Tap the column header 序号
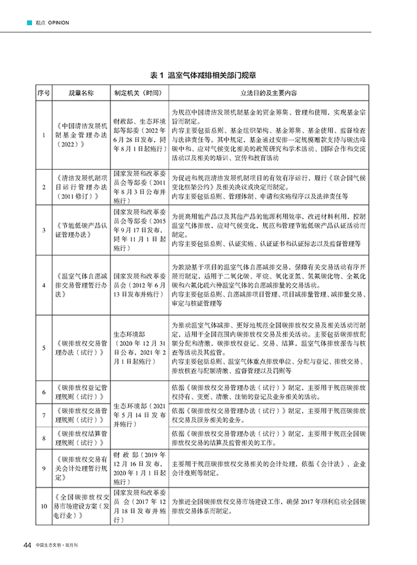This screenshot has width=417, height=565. pos(43,93)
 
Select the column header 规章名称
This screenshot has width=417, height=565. pos(81,93)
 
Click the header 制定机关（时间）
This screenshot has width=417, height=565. pos(140,93)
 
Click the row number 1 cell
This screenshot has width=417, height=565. pos(43,135)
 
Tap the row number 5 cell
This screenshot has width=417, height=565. pos(43,347)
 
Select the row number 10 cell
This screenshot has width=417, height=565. pos(43,507)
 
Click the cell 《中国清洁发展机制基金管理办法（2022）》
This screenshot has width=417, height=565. pos(81,135)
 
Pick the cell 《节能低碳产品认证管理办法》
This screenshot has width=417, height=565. pos(81,229)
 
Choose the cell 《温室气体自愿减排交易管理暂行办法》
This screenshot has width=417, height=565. pos(81,285)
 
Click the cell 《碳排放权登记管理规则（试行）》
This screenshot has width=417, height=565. pos(81,392)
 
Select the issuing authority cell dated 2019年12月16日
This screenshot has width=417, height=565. pos(140,468)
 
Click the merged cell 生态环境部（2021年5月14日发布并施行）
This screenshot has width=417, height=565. pos(140,414)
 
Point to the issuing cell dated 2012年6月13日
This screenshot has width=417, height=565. pos(140,285)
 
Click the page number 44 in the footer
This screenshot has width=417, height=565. pos(27,545)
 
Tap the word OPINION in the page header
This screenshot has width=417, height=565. pos(57,23)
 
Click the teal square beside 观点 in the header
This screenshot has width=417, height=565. pos(28,23)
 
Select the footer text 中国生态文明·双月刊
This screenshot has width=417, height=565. pos(62,545)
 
